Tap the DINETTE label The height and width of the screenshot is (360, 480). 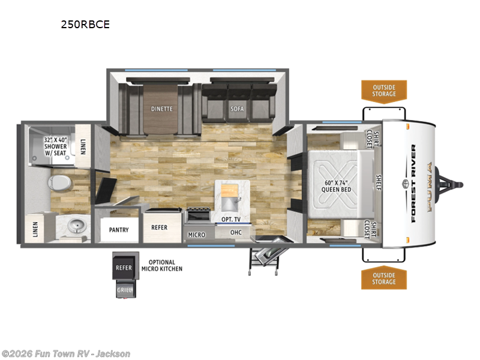tap(161, 109)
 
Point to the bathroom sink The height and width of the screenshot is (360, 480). tap(77, 226)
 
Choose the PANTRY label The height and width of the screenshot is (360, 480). tap(120, 229)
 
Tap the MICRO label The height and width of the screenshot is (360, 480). tap(196, 235)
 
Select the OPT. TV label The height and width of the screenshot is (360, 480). tap(231, 220)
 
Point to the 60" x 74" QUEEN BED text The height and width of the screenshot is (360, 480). tap(336, 185)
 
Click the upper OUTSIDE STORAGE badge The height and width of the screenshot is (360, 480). tap(383, 91)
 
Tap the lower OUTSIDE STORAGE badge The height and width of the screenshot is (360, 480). tap(383, 278)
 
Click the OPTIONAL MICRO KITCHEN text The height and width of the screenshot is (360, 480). tap(161, 265)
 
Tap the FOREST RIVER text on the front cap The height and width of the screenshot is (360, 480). tap(413, 183)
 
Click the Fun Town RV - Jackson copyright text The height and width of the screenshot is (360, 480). tap(66, 354)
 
